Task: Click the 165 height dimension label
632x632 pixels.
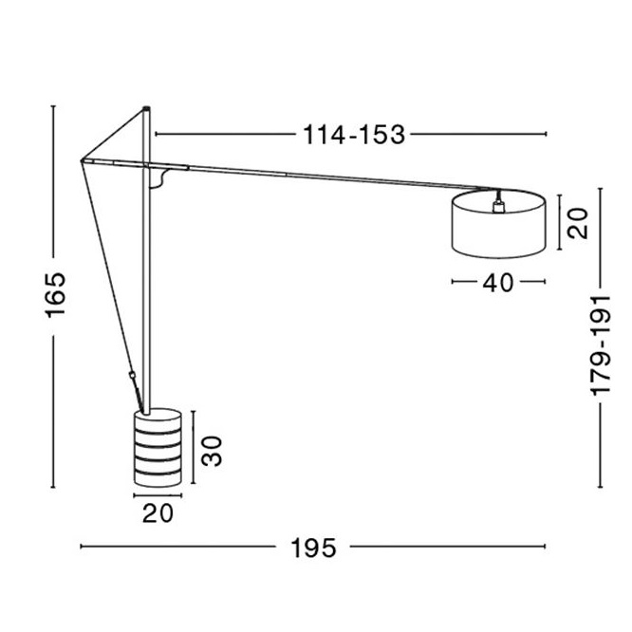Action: tap(56, 295)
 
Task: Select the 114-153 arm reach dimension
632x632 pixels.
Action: tap(354, 135)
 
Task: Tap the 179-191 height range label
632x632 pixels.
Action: tap(601, 345)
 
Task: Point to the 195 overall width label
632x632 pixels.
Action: tap(313, 548)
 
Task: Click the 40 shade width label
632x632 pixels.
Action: tap(498, 283)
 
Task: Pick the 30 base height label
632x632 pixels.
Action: tap(212, 451)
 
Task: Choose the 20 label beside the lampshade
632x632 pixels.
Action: tap(578, 223)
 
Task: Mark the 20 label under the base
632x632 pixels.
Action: tap(158, 513)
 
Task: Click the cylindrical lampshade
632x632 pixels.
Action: tap(499, 224)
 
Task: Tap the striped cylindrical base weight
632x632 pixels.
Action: tap(158, 447)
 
